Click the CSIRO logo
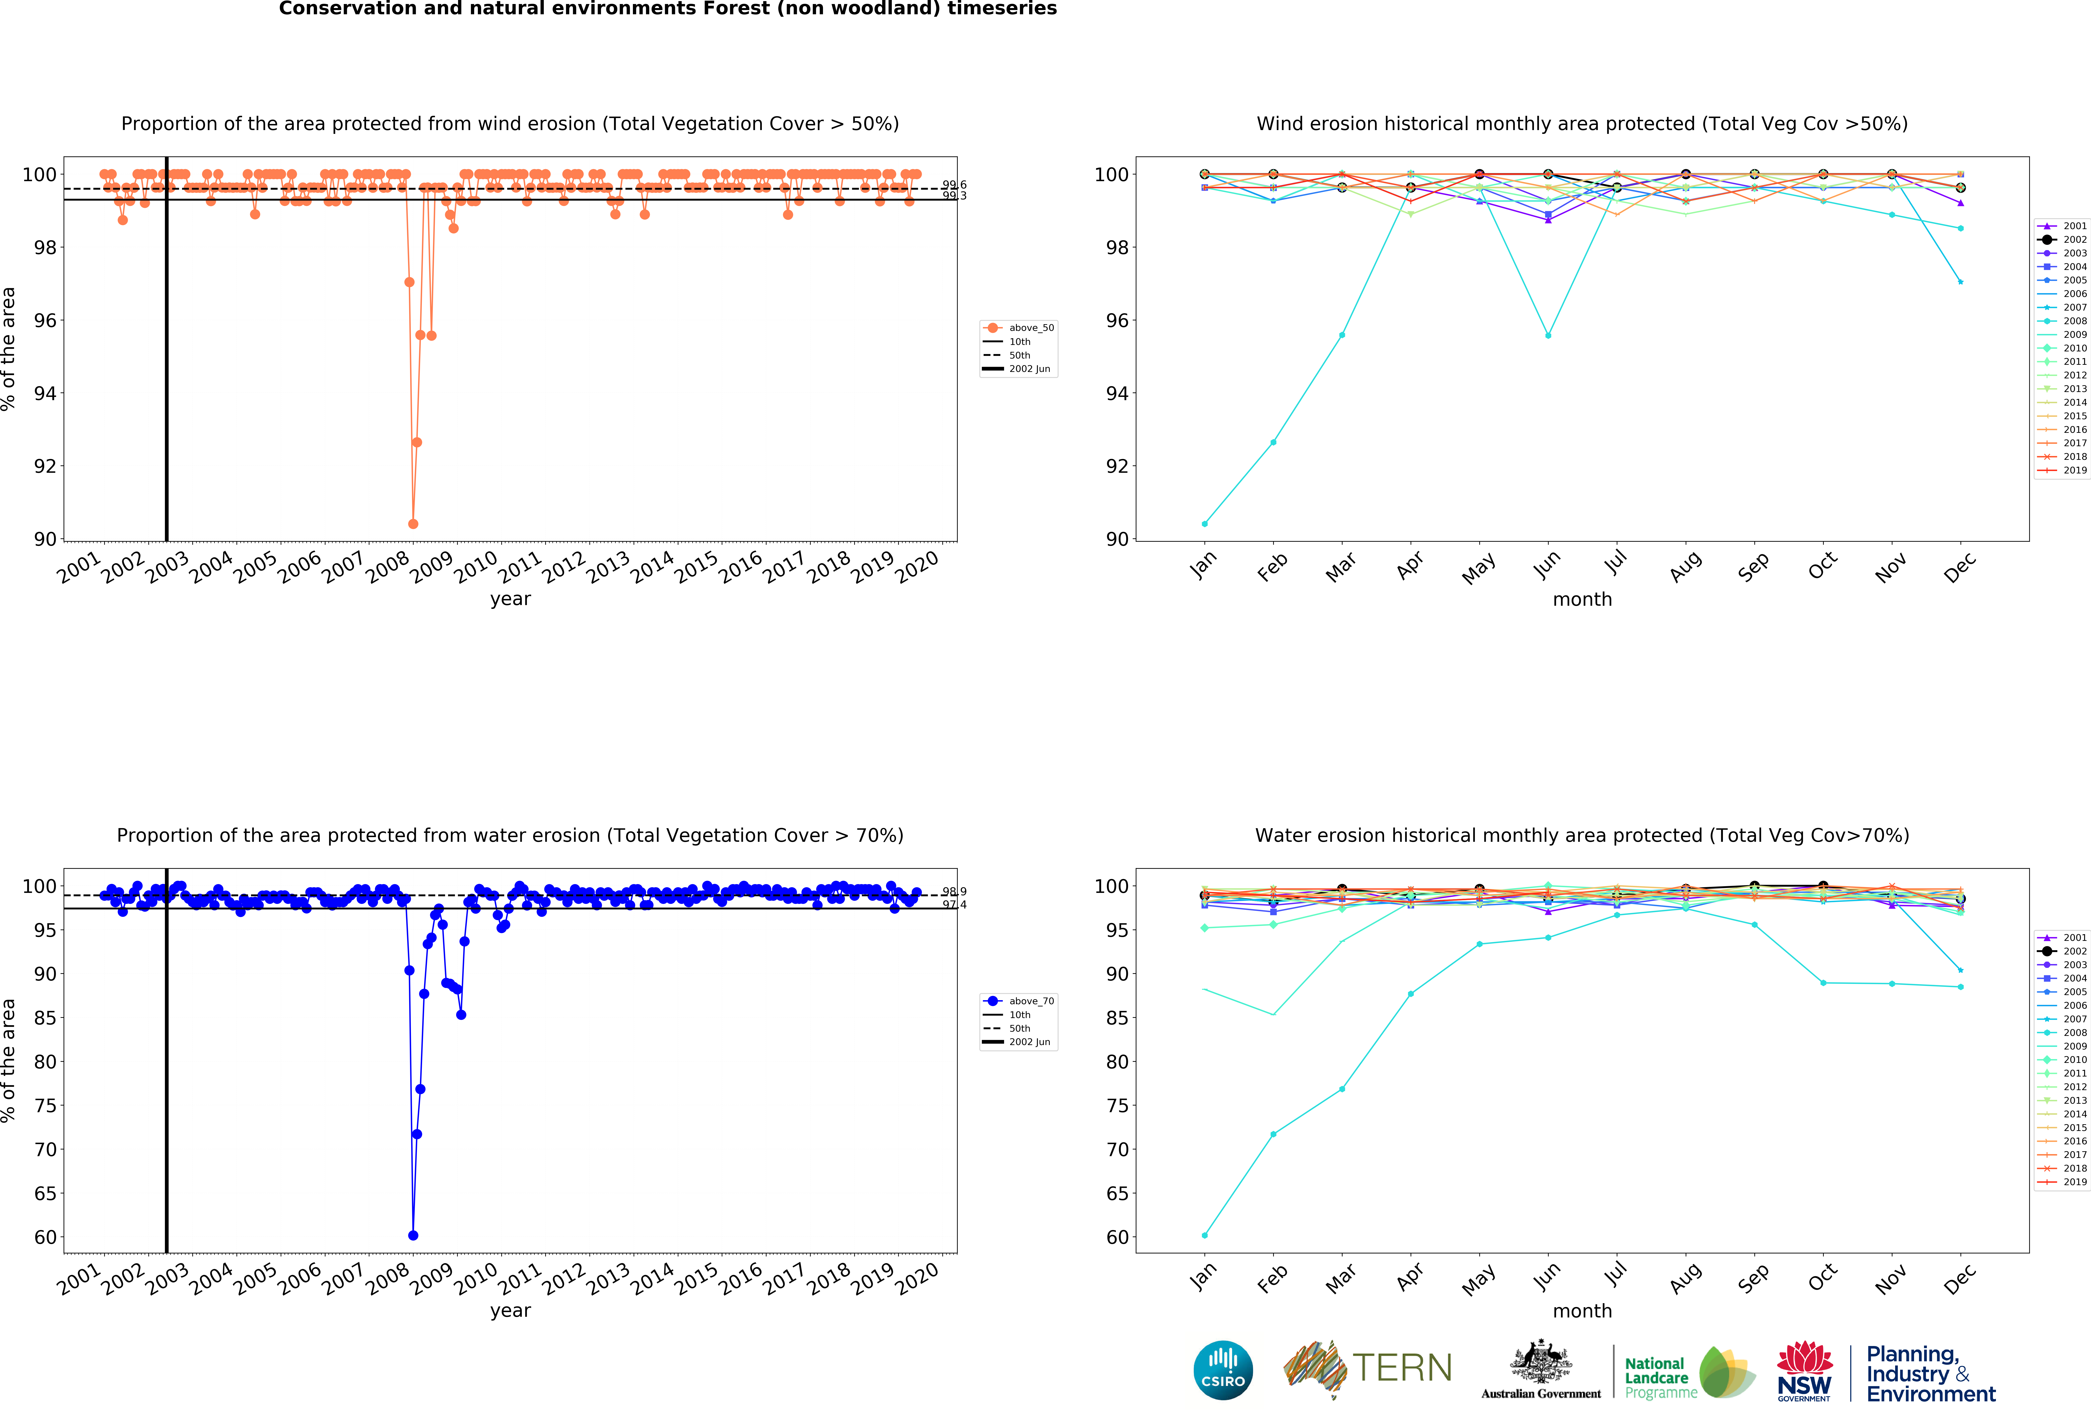click(1223, 1370)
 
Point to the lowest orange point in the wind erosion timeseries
click(413, 524)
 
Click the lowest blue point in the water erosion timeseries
click(413, 1235)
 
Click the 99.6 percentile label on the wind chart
click(954, 185)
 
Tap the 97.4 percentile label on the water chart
click(954, 904)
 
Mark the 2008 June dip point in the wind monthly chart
click(1548, 336)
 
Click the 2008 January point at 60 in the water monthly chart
click(1205, 1235)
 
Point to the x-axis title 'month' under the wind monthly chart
click(1582, 599)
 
